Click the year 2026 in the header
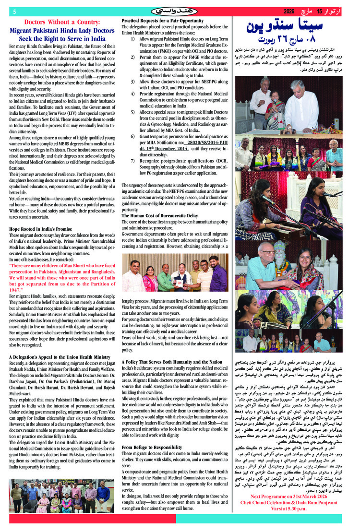(289, 11)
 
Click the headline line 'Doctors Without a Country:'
(59, 22)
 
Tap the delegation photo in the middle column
(175, 272)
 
